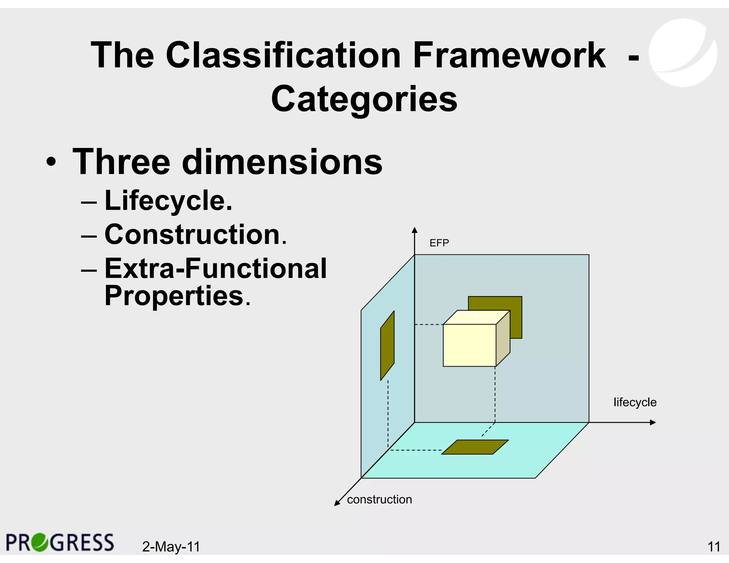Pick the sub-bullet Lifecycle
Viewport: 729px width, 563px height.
[168, 201]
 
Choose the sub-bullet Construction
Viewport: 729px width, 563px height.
[195, 235]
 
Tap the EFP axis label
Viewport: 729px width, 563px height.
[439, 243]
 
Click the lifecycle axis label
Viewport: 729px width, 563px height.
[635, 402]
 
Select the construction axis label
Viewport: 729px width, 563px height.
[379, 500]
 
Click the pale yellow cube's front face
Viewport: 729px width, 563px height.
[469, 345]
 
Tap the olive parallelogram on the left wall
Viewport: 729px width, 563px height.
[387, 345]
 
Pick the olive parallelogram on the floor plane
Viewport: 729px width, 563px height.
[475, 447]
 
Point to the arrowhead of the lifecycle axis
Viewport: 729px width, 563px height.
[652, 422]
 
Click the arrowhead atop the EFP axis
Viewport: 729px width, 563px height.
[414, 230]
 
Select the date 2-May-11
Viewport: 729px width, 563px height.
[171, 547]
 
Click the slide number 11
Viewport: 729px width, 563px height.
[714, 547]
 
